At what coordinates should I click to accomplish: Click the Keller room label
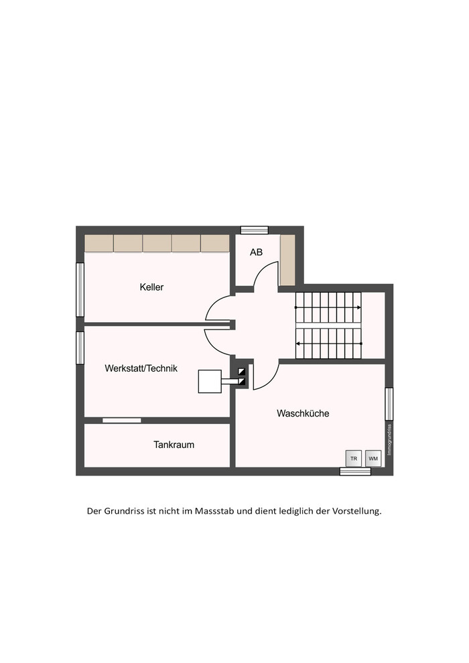point(151,287)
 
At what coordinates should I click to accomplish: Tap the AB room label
point(257,252)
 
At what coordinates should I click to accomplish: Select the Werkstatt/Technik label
point(141,368)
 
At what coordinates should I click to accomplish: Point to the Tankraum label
point(174,445)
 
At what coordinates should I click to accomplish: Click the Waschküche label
point(303,413)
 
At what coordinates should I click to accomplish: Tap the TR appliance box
point(354,458)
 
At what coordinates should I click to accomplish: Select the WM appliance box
point(373,458)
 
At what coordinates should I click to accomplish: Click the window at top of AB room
point(255,230)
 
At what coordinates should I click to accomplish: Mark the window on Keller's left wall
point(80,289)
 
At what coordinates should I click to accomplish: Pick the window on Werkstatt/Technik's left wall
point(80,348)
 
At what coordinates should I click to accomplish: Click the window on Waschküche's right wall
point(389,404)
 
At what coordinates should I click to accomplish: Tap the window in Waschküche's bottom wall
point(355,471)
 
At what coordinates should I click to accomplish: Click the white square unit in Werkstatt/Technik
point(210,382)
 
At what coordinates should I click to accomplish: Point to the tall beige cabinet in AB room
point(287,260)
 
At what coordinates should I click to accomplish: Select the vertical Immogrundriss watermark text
point(389,440)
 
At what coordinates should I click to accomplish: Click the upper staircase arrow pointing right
point(328,307)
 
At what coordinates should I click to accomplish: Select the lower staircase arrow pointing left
point(328,344)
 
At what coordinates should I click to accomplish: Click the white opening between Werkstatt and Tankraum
point(122,421)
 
